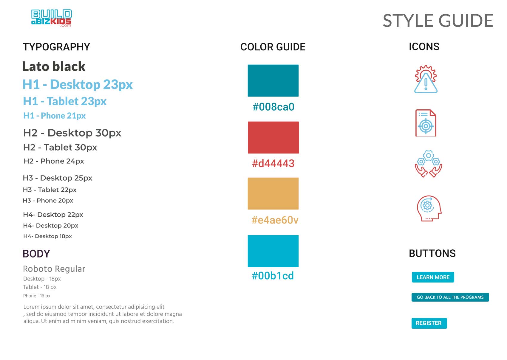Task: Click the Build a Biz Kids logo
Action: [x=51, y=18]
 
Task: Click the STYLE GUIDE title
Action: [x=438, y=21]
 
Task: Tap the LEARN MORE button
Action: [x=433, y=277]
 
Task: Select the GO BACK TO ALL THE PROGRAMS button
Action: [x=450, y=297]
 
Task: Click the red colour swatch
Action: [x=273, y=137]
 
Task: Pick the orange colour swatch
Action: [x=273, y=193]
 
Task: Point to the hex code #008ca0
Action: [x=273, y=107]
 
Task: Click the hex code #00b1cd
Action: [x=273, y=276]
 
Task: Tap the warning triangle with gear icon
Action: [x=426, y=79]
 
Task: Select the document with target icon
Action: [x=426, y=123]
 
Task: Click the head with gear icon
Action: [x=429, y=208]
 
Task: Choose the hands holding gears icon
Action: [x=429, y=164]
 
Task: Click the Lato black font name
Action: [x=54, y=66]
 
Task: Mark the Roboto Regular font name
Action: [x=54, y=269]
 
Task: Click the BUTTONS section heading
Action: [x=432, y=253]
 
